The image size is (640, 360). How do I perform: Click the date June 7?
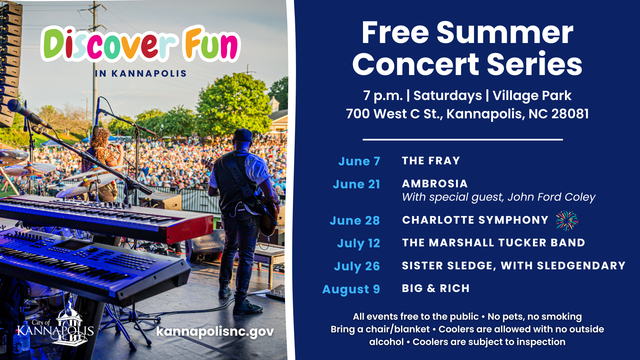point(359,161)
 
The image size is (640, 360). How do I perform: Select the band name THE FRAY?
point(431,161)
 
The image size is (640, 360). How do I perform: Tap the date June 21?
point(356,184)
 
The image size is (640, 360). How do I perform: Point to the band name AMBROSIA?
point(435,184)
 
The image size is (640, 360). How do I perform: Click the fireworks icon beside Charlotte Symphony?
point(567,220)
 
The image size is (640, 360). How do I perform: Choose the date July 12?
point(358,243)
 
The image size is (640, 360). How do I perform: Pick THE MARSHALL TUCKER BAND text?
point(494,243)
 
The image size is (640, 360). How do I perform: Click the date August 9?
point(351,289)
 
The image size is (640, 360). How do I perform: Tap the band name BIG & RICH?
point(436,288)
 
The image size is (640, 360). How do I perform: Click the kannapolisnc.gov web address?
point(215,332)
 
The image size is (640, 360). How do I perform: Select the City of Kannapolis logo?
point(55,327)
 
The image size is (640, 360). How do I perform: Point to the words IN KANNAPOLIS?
point(140,74)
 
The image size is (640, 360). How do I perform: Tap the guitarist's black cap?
point(242,135)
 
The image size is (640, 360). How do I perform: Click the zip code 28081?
point(570,114)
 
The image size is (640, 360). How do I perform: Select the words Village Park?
point(532,96)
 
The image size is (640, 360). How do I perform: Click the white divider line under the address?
point(463,140)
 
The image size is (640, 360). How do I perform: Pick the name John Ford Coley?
point(551,197)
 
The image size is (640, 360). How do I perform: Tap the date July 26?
point(357,266)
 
